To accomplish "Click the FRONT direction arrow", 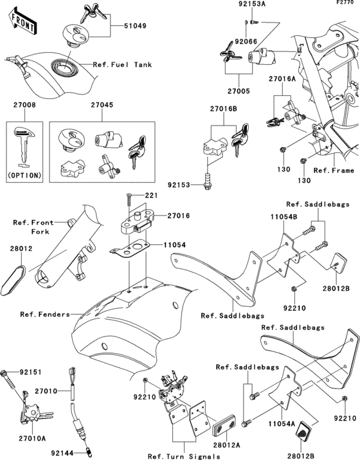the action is coord(22,21).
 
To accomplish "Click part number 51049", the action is coord(135,26).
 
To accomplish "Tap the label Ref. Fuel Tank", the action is coord(122,64).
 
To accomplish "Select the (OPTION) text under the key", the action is coord(24,176).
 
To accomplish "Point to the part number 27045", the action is coord(102,105).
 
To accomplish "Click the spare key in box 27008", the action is coord(24,147).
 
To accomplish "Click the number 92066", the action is coord(246,42).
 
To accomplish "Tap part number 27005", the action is coord(239,91).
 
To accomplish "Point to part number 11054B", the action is coord(283,217).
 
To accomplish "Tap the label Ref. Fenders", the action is coord(45,315).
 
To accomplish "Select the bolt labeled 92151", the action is coord(8,380).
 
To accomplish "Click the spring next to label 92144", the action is coord(87,452).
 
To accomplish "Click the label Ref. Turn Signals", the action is coord(184,457).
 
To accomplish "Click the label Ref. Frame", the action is coord(334,170).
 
